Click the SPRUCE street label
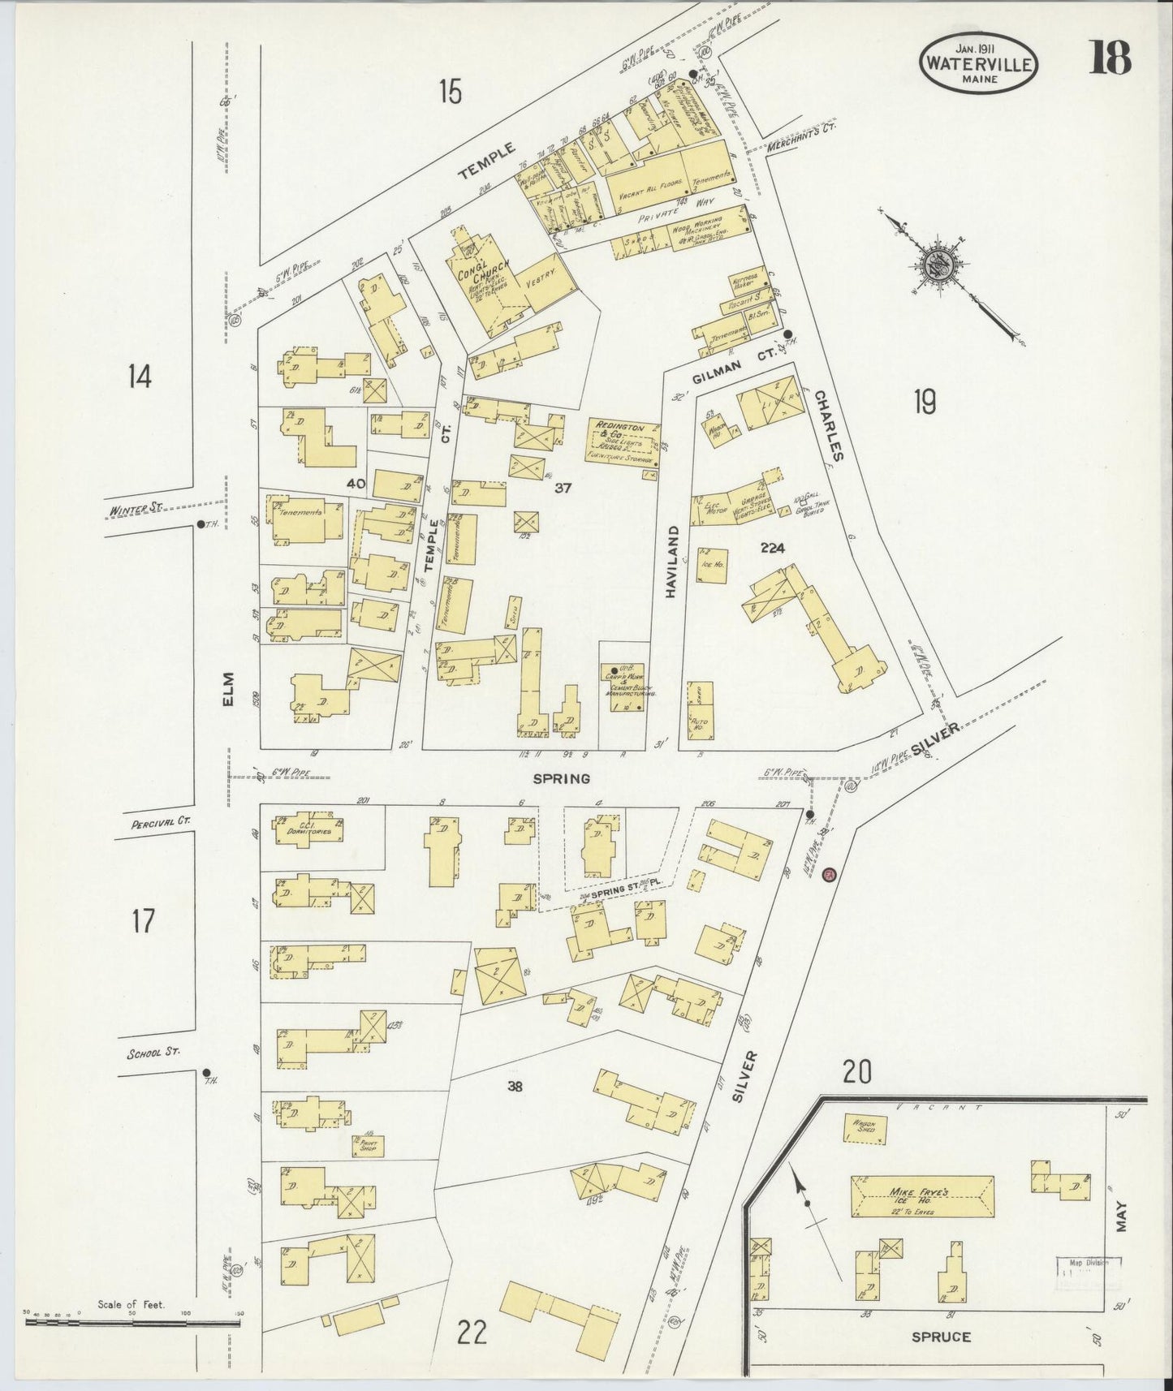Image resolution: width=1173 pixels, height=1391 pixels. (942, 1337)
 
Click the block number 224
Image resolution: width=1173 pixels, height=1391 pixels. (772, 549)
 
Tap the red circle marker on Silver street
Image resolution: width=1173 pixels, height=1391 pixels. (828, 875)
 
